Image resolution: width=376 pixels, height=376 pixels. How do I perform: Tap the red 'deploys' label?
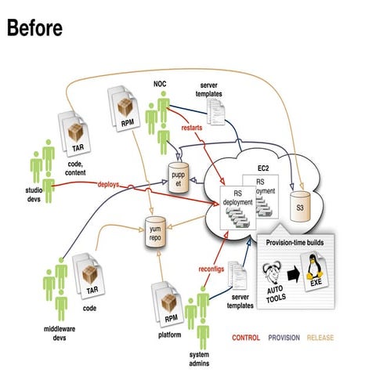(x=110, y=185)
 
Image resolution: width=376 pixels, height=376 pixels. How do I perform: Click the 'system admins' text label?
(x=203, y=359)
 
